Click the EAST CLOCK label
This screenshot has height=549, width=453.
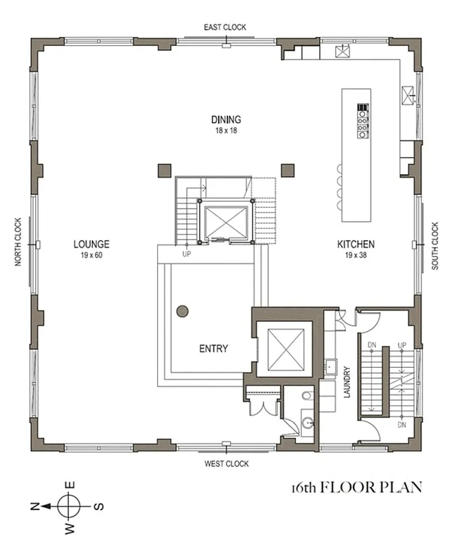224,27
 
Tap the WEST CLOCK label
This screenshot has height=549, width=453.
226,464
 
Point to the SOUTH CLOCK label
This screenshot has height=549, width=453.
435,246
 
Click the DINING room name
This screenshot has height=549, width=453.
225,120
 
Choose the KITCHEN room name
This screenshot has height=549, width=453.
355,244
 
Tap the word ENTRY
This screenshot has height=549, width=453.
213,349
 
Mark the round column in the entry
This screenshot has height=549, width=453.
183,311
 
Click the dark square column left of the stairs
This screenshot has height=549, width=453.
164,169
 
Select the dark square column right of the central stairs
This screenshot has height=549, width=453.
287,169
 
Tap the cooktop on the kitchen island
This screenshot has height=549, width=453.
362,121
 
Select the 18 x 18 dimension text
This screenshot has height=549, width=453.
225,130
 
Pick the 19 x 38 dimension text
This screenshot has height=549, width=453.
355,255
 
